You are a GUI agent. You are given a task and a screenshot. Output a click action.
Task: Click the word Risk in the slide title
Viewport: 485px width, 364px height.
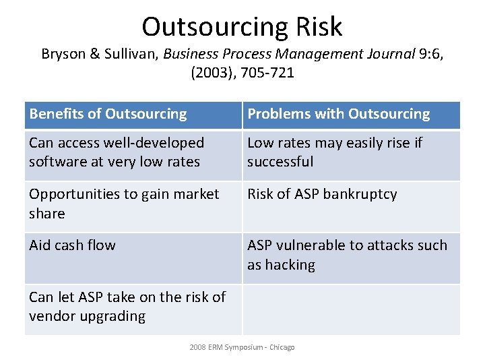[318, 27]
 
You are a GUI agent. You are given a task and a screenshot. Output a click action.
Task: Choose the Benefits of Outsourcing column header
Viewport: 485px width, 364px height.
[108, 114]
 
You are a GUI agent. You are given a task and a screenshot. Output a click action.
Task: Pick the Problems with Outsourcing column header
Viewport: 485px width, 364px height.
[338, 114]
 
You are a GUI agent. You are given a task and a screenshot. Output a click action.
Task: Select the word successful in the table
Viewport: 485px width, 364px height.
[280, 162]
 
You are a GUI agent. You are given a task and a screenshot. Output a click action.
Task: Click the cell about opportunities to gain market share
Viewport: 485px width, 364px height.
[124, 204]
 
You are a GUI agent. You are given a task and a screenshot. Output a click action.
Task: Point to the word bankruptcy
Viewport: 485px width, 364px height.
[360, 194]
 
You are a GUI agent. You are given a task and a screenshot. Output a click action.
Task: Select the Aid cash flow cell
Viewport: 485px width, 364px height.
[72, 245]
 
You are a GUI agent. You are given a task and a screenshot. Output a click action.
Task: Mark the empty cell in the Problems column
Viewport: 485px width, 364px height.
[351, 309]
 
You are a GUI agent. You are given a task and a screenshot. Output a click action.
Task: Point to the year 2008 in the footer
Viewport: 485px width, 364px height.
[197, 347]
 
